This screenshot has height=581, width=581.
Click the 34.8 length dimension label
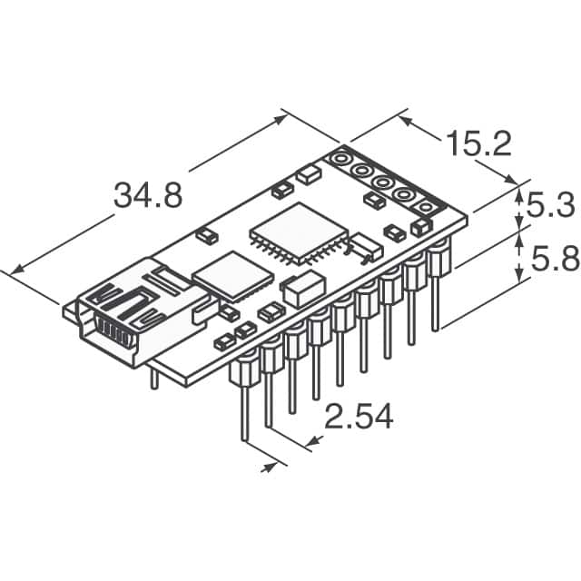pos(147,195)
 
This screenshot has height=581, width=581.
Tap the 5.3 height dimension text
pos(551,206)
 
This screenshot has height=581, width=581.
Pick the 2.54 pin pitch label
pos(359,417)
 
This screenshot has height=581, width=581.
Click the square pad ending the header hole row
pos(424,207)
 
